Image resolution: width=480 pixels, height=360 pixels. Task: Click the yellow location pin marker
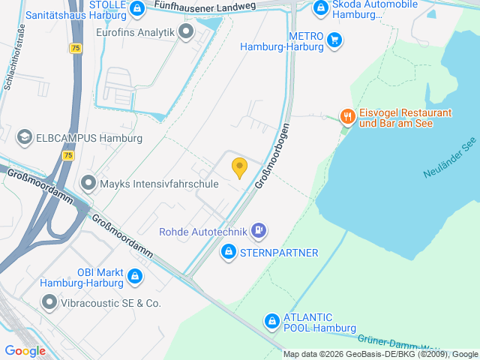[x=239, y=168]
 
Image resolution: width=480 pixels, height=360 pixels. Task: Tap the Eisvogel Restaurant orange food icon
[x=346, y=116]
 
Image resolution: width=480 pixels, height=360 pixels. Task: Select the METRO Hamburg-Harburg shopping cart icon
[x=334, y=40]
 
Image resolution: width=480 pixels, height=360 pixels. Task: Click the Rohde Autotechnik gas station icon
[x=258, y=229]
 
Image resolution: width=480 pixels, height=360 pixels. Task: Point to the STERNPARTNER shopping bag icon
[x=229, y=253]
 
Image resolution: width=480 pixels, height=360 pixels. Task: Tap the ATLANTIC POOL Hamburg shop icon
[x=271, y=322]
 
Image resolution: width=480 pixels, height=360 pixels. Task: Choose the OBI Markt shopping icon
[x=135, y=277]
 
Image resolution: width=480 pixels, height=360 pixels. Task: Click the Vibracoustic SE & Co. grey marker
[x=50, y=302]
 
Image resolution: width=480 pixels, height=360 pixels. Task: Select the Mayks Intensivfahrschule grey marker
[x=88, y=183]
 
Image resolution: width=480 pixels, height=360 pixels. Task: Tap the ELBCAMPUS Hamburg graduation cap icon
[x=24, y=137]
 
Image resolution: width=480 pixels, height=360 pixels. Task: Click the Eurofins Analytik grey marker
[x=187, y=32]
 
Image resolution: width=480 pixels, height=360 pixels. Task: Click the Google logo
[x=25, y=350]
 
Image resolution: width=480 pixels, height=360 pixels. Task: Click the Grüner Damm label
[x=385, y=342]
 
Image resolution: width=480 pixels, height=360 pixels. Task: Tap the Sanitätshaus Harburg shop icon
[x=136, y=9]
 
